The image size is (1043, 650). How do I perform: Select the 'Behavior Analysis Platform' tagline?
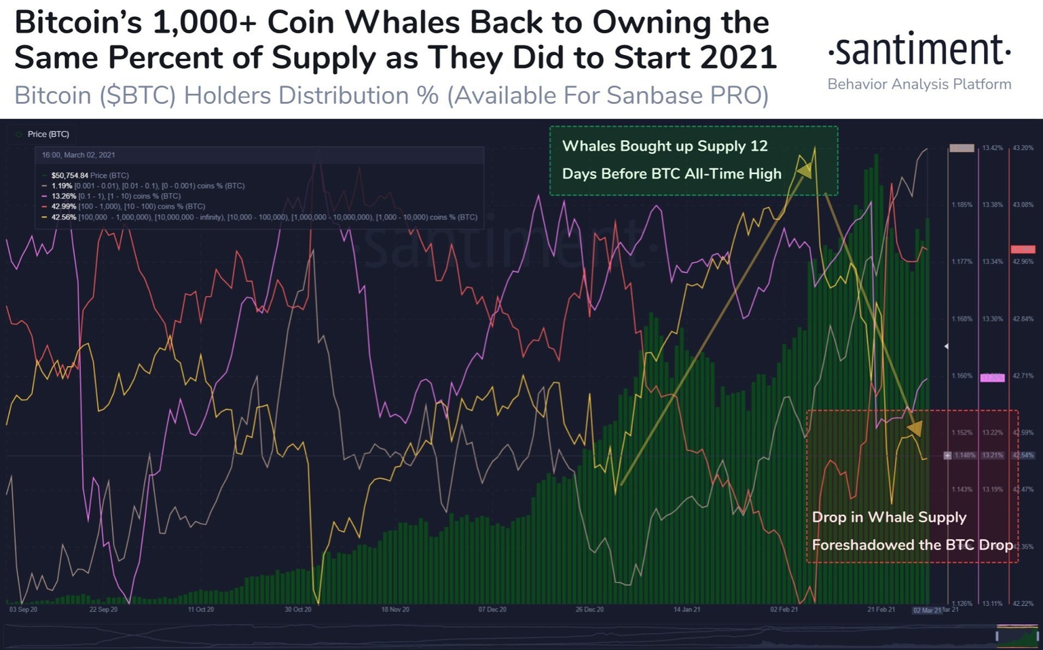pos(919,84)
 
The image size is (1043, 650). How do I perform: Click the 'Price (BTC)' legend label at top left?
pos(48,134)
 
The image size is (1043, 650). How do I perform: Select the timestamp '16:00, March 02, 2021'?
pos(78,155)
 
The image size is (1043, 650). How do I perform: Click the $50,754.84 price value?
pos(69,175)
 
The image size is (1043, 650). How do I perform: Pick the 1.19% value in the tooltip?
pos(62,185)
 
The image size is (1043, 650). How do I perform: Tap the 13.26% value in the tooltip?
pos(64,196)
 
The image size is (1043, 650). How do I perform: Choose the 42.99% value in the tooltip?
pos(64,206)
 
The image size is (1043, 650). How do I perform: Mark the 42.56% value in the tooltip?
pos(64,217)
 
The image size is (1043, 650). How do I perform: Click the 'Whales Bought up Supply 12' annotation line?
pos(665,146)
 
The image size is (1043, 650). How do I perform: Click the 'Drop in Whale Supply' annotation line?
pos(889,518)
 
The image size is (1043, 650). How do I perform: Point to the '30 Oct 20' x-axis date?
pos(298,610)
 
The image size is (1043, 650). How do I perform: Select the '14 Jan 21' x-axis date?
pos(687,610)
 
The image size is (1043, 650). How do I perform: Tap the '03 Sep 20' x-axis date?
pos(24,610)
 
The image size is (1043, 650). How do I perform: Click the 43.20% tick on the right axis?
pos(1023,148)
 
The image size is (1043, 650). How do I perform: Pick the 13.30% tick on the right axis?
pos(992,319)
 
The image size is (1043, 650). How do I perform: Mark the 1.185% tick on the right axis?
pos(962,205)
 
